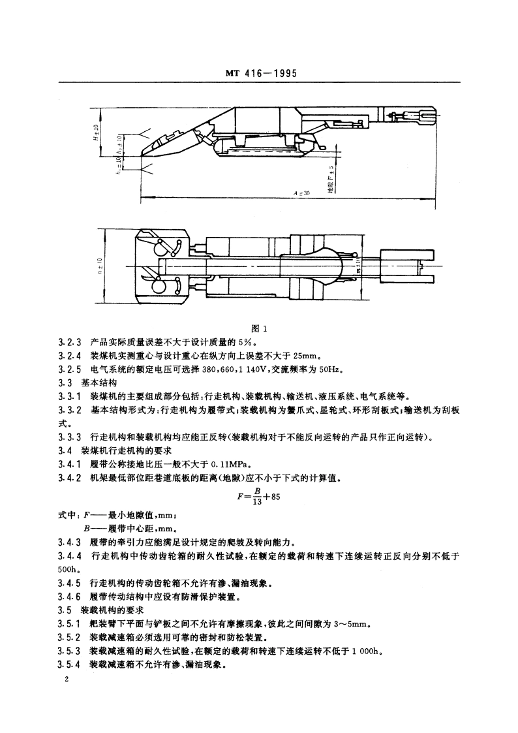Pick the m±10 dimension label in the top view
(x=358, y=266)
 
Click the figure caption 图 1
(x=259, y=329)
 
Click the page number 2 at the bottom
(x=61, y=680)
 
